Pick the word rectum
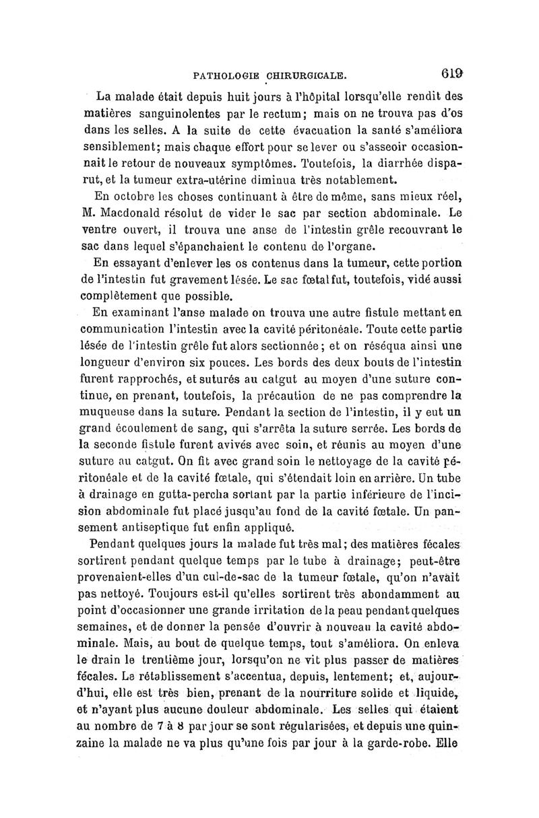321,110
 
